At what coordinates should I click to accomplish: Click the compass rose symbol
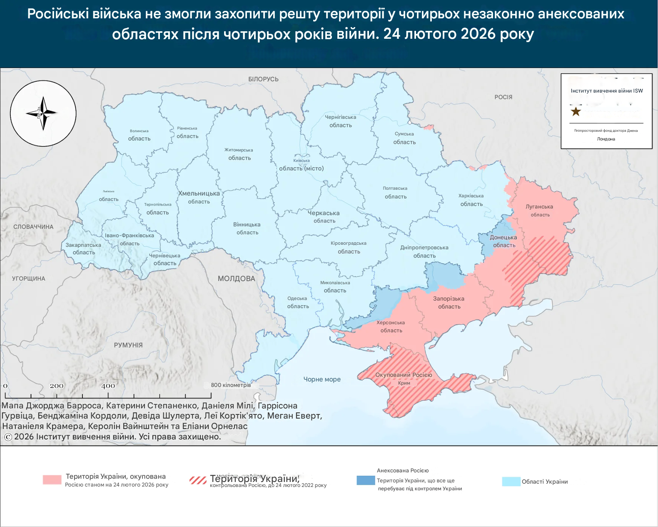click(43, 113)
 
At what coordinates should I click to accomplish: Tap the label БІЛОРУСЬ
click(263, 79)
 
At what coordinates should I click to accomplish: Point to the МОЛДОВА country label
click(236, 279)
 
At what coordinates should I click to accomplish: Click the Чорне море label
click(322, 379)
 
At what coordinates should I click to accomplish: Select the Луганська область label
click(539, 211)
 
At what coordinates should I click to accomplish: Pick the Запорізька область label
click(449, 302)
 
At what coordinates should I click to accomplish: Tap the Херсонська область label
click(391, 326)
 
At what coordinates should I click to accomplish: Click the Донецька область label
click(503, 241)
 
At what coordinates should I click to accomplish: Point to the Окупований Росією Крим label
click(404, 379)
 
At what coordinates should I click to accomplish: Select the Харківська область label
click(471, 200)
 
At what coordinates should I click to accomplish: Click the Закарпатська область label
click(83, 248)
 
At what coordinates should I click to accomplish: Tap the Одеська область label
click(297, 302)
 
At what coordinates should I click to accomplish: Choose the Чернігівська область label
click(340, 121)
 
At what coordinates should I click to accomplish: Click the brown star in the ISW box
click(576, 112)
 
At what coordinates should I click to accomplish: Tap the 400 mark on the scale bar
click(108, 386)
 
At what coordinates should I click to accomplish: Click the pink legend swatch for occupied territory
click(52, 479)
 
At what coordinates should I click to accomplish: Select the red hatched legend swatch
click(198, 480)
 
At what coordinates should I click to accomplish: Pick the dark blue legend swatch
click(366, 480)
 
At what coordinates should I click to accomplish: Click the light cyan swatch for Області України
click(511, 482)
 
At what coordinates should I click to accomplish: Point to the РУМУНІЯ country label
click(128, 345)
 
